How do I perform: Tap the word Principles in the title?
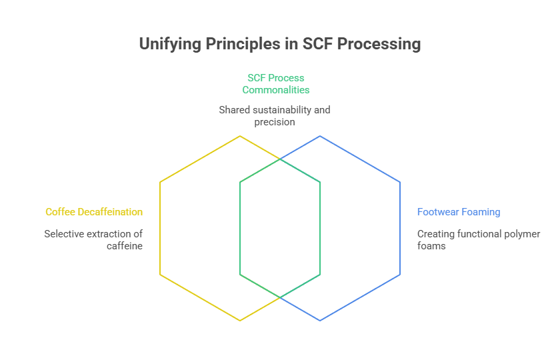[x=243, y=44]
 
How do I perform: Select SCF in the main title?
[x=317, y=43]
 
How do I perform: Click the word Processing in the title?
[x=379, y=44]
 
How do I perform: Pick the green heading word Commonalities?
[x=276, y=89]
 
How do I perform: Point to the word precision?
[x=275, y=122]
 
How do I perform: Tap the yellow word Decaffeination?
[x=110, y=212]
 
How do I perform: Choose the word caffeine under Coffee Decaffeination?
[x=125, y=246]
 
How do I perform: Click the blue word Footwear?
[x=438, y=212]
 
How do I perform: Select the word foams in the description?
[x=431, y=246]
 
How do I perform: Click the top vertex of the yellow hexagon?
[x=240, y=136]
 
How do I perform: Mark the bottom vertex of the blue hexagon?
[x=320, y=321]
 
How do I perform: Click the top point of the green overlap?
[x=280, y=159]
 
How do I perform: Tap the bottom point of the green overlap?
[x=280, y=297]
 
